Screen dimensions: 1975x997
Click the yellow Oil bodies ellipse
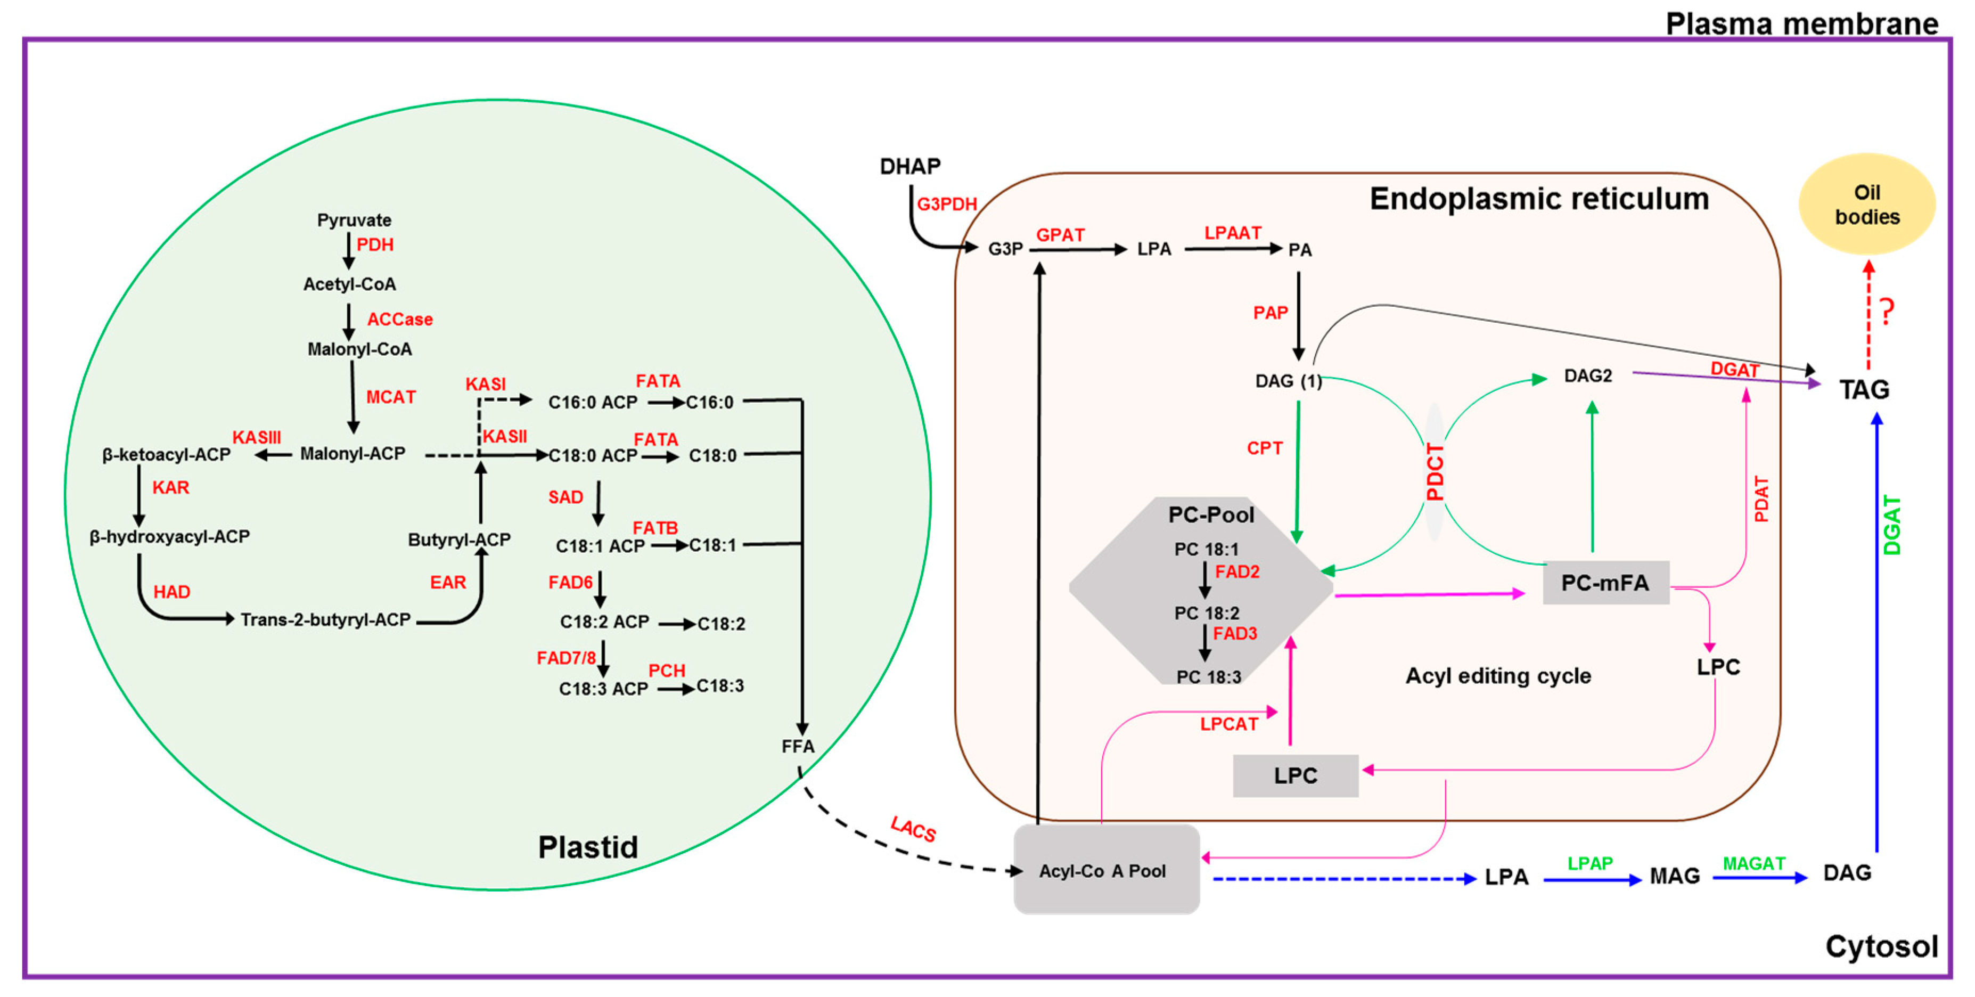(x=1867, y=204)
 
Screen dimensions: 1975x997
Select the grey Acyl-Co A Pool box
(x=1107, y=869)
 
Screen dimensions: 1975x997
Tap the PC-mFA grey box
(x=1605, y=583)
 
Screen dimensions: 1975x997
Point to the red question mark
(x=1887, y=312)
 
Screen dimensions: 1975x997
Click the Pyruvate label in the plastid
(x=354, y=220)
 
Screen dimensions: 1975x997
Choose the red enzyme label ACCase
(x=399, y=319)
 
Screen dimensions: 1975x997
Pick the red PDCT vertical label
(x=1435, y=472)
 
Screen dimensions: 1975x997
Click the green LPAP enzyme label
(x=1590, y=863)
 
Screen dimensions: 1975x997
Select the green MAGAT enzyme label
(x=1754, y=863)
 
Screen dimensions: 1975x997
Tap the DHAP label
(x=910, y=166)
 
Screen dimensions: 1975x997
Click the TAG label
(x=1865, y=390)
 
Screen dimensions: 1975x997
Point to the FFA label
(x=797, y=746)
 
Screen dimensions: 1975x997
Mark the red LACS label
(x=913, y=829)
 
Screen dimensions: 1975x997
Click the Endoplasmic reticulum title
(x=1539, y=199)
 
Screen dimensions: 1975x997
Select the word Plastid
(x=588, y=847)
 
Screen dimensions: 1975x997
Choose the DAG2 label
(x=1588, y=376)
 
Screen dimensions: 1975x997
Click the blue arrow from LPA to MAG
(x=1593, y=880)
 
